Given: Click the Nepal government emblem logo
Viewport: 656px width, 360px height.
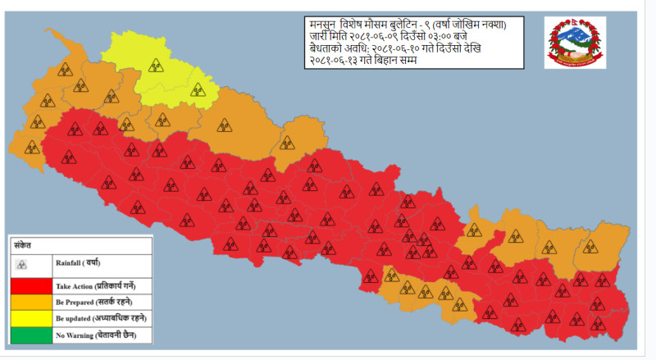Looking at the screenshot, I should [x=575, y=42].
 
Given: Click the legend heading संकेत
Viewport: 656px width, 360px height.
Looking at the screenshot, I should [x=22, y=244].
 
